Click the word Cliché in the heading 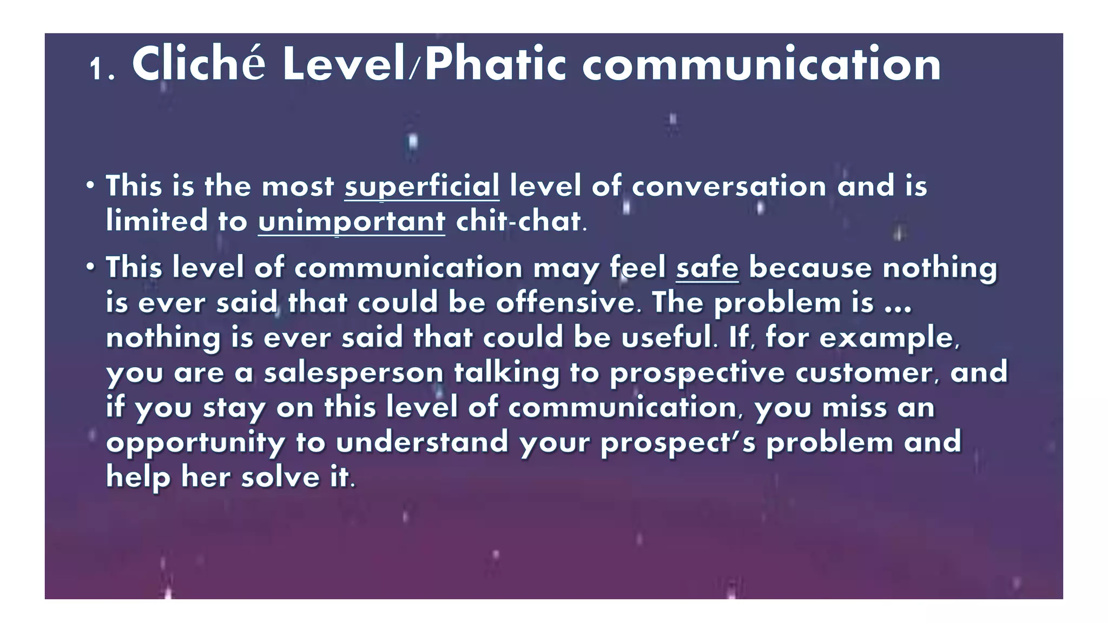(199, 64)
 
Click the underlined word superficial (421, 187)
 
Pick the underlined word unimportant (351, 222)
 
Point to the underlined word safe (707, 268)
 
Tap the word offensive (565, 303)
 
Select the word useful (667, 338)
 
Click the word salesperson (353, 373)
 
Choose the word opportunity (195, 443)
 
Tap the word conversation (729, 187)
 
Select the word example (888, 338)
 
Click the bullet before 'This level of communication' (90, 267)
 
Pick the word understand (422, 443)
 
